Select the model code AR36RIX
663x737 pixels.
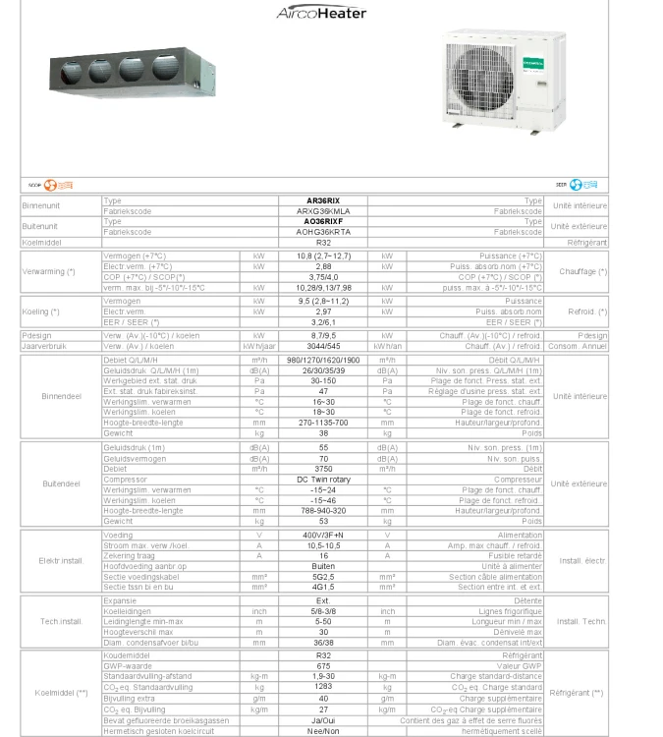pyautogui.click(x=323, y=200)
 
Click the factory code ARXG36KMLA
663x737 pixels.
pyautogui.click(x=323, y=210)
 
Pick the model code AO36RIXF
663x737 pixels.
pyautogui.click(x=323, y=221)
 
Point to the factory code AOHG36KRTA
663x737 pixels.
pyautogui.click(x=323, y=232)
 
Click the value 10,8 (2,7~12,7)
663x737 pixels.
pyautogui.click(x=323, y=255)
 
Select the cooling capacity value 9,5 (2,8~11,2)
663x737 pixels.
pyautogui.click(x=323, y=301)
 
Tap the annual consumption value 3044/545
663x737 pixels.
pyautogui.click(x=323, y=346)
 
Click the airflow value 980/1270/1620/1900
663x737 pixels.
pyautogui.click(x=323, y=360)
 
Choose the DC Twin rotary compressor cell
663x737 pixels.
pyautogui.click(x=323, y=479)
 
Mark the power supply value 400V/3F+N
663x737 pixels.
pyautogui.click(x=323, y=535)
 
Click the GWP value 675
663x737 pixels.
pyautogui.click(x=323, y=665)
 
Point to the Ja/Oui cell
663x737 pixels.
pyautogui.click(x=323, y=720)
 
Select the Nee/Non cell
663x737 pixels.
pyautogui.click(x=323, y=731)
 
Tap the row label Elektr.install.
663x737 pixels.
pyautogui.click(x=61, y=561)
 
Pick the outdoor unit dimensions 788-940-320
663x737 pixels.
pyautogui.click(x=323, y=511)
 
